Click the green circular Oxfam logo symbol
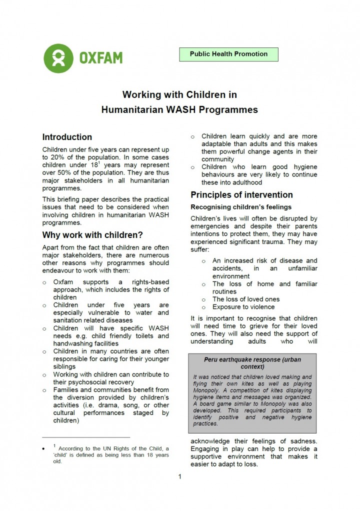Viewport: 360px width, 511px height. coord(58,58)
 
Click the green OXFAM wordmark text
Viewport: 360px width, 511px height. coord(100,58)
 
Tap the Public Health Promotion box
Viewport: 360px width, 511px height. coord(228,54)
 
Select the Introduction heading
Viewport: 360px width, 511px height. coord(67,137)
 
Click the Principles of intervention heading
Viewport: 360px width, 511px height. coord(241,194)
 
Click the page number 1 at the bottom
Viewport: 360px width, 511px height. coord(179,476)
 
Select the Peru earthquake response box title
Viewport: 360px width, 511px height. coord(252,363)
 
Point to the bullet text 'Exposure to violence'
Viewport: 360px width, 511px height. coord(243,307)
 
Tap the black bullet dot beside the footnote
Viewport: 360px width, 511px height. coord(45,448)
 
